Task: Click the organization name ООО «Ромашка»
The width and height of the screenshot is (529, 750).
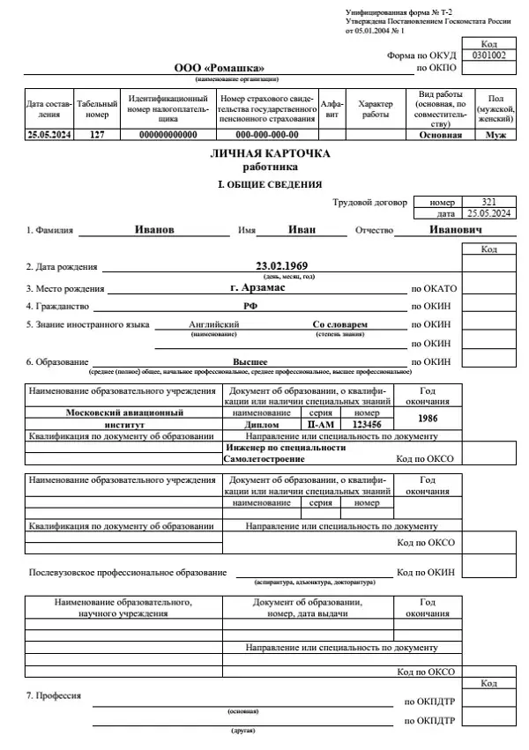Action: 219,68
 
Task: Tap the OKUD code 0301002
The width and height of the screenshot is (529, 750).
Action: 489,55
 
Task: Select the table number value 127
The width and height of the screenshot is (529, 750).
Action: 97,135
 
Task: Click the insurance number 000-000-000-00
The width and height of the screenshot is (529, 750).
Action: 267,135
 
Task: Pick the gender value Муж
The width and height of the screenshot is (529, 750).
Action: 495,135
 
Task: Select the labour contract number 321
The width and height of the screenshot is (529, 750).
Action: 489,202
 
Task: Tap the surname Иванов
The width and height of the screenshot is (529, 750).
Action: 155,229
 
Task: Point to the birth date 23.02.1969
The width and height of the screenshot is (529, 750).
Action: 283,265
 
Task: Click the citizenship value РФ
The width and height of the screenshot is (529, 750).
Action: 250,306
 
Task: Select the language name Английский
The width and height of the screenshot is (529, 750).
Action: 214,324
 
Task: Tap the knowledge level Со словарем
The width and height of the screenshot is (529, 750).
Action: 340,324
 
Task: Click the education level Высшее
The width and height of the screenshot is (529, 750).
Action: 250,361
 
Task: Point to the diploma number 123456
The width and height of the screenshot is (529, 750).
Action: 367,424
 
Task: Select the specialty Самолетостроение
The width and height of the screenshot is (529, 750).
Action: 264,459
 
